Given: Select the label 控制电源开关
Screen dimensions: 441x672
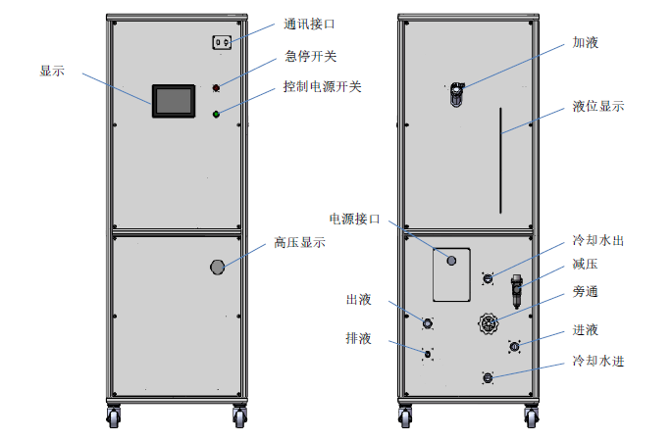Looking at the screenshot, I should pyautogui.click(x=322, y=87).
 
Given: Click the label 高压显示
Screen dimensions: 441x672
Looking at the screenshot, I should pyautogui.click(x=300, y=242).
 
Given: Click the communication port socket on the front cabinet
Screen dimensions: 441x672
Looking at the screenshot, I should pyautogui.click(x=222, y=42).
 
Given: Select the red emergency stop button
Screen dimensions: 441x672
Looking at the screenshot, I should pyautogui.click(x=216, y=89).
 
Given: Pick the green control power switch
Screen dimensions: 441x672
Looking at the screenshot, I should pyautogui.click(x=216, y=114).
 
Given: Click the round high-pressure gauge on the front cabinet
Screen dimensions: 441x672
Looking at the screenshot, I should pyautogui.click(x=218, y=266).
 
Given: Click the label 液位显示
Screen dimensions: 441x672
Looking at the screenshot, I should pyautogui.click(x=598, y=106).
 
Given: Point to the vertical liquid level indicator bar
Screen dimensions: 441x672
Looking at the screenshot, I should pyautogui.click(x=500, y=163).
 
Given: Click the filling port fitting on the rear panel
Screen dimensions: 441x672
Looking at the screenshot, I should pyautogui.click(x=457, y=95).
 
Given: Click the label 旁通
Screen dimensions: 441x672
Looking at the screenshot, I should pyautogui.click(x=586, y=292).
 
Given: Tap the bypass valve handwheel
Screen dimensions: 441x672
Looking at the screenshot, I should pyautogui.click(x=488, y=323).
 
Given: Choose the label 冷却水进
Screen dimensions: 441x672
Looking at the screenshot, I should pyautogui.click(x=598, y=362).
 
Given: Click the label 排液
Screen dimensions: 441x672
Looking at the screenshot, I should pyautogui.click(x=358, y=338).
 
